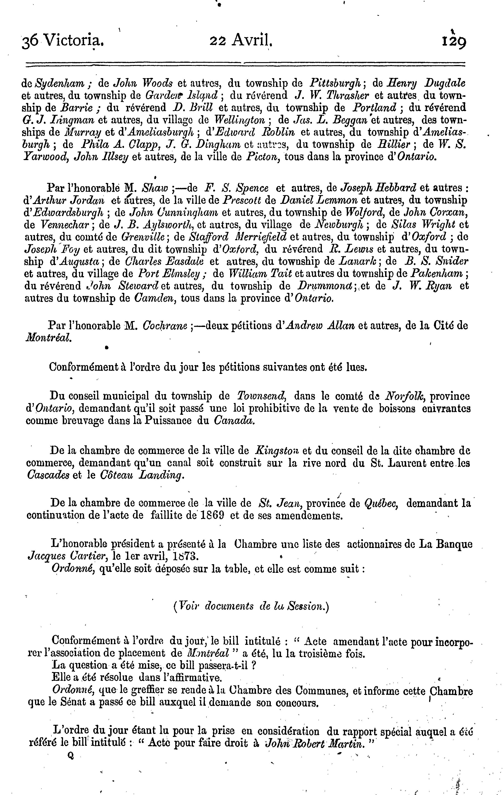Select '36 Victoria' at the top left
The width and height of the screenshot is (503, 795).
click(x=63, y=42)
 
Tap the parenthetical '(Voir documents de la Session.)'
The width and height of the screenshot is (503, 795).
click(x=251, y=606)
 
